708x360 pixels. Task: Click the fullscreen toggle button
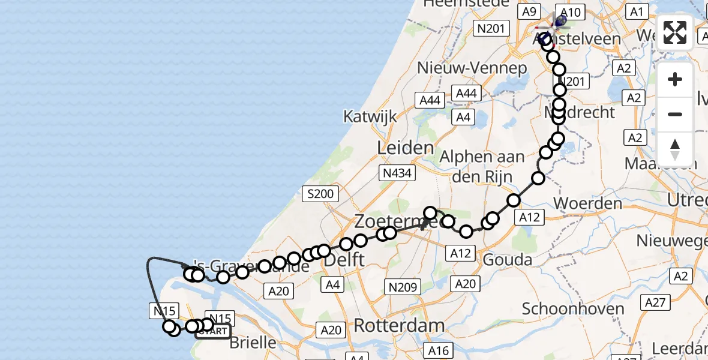(x=675, y=32)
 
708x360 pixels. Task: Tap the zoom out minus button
(x=675, y=114)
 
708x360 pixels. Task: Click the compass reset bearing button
(x=675, y=149)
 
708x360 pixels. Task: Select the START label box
(x=213, y=331)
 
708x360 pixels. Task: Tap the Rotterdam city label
(x=399, y=326)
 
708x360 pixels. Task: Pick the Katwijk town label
(x=370, y=116)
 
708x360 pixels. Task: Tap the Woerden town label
(x=587, y=203)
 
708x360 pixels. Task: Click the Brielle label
(x=253, y=343)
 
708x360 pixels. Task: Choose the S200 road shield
(x=320, y=194)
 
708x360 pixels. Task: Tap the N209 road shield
(x=403, y=287)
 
